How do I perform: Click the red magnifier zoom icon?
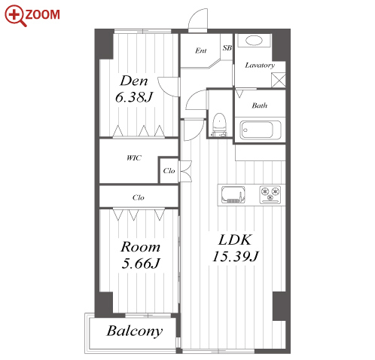[x=14, y=15]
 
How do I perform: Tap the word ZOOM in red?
[x=43, y=14]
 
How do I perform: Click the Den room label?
[x=134, y=81]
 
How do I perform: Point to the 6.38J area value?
[x=134, y=97]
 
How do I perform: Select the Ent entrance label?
[x=201, y=50]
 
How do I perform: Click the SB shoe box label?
[x=227, y=47]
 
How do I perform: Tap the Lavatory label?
[x=260, y=66]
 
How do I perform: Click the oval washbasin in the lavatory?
[x=254, y=41]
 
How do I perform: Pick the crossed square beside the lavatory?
[x=279, y=80]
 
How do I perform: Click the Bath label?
[x=260, y=105]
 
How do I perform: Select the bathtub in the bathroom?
[x=261, y=130]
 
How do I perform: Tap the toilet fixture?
[x=219, y=124]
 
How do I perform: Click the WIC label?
[x=134, y=158]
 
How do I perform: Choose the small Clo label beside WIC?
[x=169, y=171]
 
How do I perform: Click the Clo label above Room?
[x=139, y=197]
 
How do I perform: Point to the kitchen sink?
[x=233, y=194]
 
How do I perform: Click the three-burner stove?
[x=270, y=194]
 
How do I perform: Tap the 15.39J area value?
[x=236, y=257]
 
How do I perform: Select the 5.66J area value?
[x=141, y=264]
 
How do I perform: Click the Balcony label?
[x=135, y=331]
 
